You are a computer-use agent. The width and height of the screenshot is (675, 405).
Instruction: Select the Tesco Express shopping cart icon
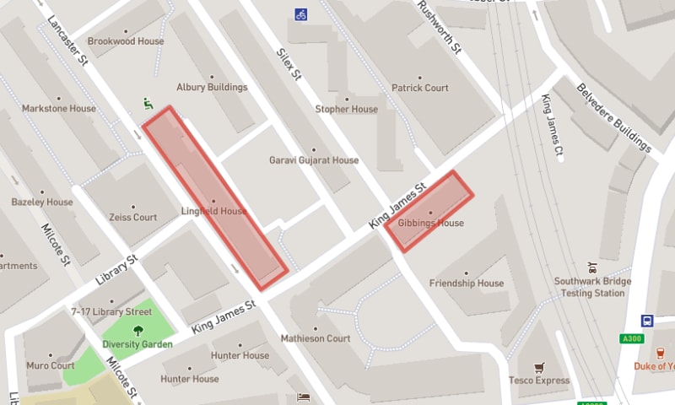coord(540,368)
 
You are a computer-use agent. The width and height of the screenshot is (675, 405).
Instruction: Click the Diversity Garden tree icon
coord(138,331)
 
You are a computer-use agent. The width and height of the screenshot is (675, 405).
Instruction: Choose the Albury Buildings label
coord(212,87)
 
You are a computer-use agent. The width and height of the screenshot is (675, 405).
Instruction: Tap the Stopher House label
coord(346,109)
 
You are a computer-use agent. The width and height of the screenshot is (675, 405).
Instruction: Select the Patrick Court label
coord(419,88)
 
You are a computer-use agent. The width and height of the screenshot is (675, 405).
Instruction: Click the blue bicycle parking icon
coord(300,14)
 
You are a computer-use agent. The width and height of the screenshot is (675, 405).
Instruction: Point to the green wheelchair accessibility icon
coord(148,105)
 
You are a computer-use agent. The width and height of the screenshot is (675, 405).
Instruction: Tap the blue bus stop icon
coord(647,321)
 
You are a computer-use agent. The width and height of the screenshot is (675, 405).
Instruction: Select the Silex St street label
coord(289,62)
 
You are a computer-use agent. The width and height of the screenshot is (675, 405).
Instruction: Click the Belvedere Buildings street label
coord(613,119)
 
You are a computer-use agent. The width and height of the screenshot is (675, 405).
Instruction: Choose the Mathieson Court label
coord(315,338)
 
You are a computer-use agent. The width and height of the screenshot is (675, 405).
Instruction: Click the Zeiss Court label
coord(133,217)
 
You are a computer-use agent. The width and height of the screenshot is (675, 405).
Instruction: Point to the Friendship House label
coord(467,283)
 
